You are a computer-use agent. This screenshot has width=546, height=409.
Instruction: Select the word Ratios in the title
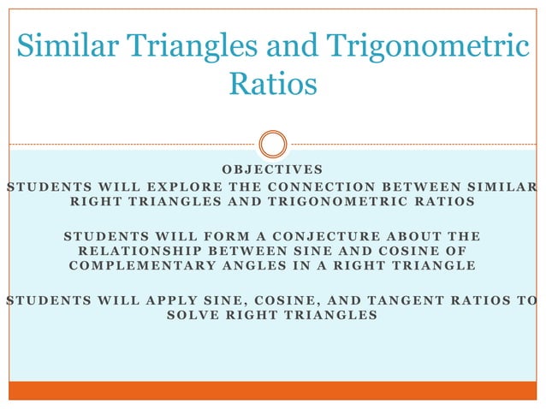[x=273, y=85]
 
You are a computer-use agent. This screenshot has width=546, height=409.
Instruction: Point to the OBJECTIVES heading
[x=272, y=169]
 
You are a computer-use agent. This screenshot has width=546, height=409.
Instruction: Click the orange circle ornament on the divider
[x=273, y=144]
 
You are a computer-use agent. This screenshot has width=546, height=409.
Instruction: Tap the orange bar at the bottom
[x=273, y=390]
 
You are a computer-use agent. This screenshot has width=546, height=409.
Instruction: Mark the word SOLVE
[x=198, y=316]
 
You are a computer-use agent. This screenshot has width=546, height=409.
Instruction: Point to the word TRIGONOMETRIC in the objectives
[x=347, y=202]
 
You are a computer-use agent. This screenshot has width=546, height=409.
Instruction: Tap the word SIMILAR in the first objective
[x=497, y=187]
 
